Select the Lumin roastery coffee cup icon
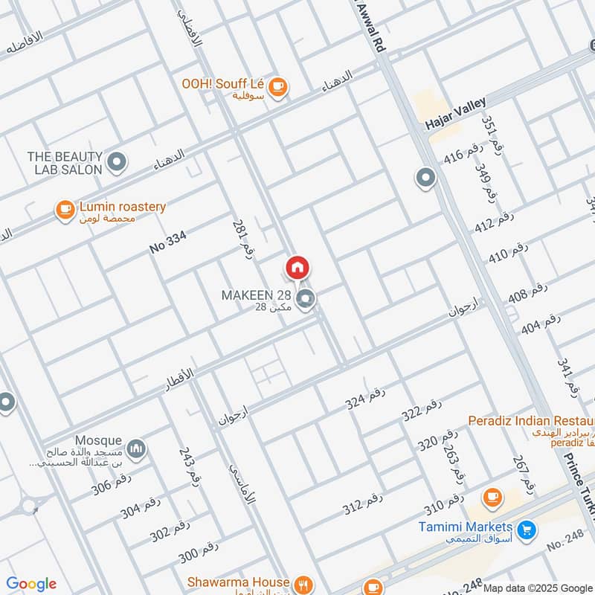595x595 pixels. pyautogui.click(x=65, y=210)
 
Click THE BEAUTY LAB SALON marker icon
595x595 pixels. pyautogui.click(x=115, y=161)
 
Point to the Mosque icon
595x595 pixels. pyautogui.click(x=135, y=448)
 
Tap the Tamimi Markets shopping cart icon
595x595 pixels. pyautogui.click(x=527, y=530)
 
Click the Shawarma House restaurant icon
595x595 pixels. pyautogui.click(x=302, y=583)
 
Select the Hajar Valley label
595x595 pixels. pyautogui.click(x=455, y=114)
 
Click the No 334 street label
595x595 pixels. pyautogui.click(x=167, y=242)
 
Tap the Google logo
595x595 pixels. pyautogui.click(x=31, y=584)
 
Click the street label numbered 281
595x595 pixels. pyautogui.click(x=239, y=239)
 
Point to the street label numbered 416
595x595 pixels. pyautogui.click(x=463, y=155)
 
